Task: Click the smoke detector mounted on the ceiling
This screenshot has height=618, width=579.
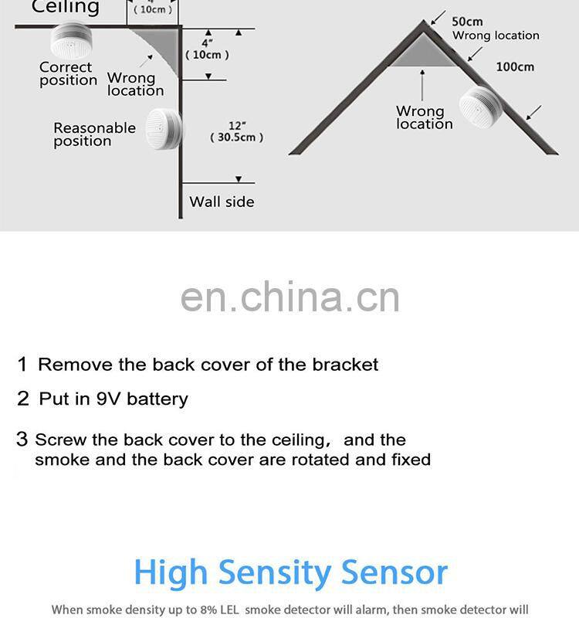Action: click(x=71, y=41)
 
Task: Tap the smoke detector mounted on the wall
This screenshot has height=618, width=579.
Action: click(x=164, y=128)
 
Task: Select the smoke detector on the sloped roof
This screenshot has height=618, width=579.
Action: click(x=480, y=107)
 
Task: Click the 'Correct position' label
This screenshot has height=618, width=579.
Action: click(x=68, y=73)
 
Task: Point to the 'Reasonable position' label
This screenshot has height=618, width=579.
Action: click(x=94, y=134)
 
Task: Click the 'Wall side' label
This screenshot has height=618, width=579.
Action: click(x=222, y=202)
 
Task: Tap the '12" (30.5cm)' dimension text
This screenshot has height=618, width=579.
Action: click(x=237, y=131)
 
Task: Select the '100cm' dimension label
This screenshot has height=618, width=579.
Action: click(x=515, y=67)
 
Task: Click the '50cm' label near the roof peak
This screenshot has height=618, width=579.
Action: click(x=467, y=22)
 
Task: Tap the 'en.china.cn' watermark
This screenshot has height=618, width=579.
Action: click(x=290, y=297)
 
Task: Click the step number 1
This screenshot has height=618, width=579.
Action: click(x=22, y=364)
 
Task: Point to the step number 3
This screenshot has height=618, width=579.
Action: click(x=22, y=439)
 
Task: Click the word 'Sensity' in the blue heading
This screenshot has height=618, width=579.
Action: click(x=276, y=572)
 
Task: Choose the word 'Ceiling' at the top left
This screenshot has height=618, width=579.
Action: click(x=66, y=7)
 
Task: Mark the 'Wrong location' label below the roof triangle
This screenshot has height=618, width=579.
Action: click(x=425, y=117)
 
